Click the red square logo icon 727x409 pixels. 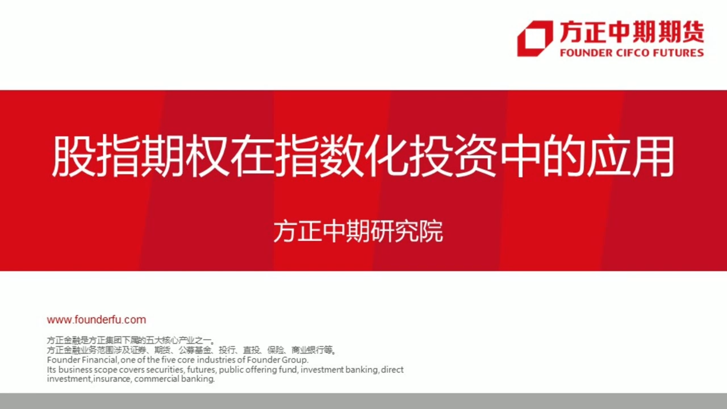point(534,38)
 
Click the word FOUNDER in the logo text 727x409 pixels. point(585,53)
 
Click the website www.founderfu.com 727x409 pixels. point(97,320)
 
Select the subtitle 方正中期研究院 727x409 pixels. point(358,232)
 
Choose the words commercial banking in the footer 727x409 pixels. point(174,379)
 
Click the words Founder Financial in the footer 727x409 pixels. point(82,360)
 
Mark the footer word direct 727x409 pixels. point(392,370)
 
